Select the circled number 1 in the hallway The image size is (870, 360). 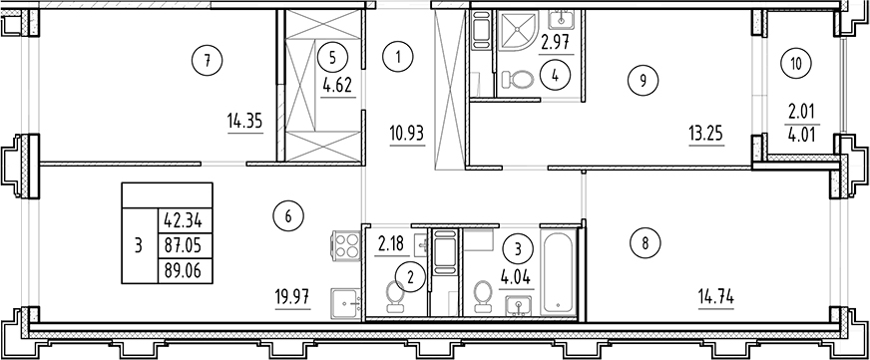(397, 58)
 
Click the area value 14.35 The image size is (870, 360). (244, 124)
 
